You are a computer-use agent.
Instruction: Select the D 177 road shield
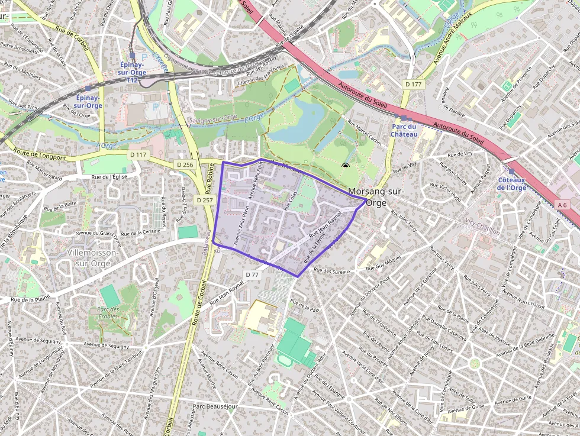tap(414, 85)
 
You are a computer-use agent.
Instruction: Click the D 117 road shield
tap(137, 155)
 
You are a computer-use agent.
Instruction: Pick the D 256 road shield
tap(185, 164)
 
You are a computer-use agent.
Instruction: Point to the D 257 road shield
tap(204, 200)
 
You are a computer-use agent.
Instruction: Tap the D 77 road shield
tap(252, 274)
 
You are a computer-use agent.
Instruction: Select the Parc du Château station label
tap(404, 130)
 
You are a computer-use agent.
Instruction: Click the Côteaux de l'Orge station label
tap(511, 183)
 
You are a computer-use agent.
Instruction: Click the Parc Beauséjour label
tap(215, 407)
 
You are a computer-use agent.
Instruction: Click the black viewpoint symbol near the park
tap(346, 166)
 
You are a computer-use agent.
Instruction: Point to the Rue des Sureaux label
tap(333, 272)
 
